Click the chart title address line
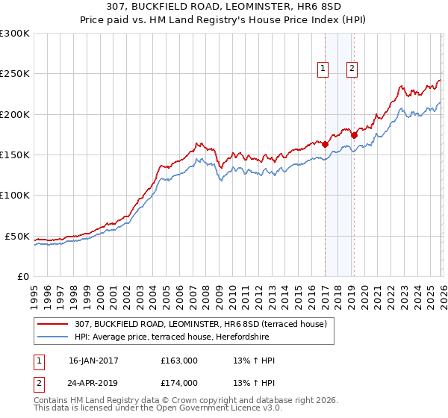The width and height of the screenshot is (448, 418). (224, 7)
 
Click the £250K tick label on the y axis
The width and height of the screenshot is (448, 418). (15, 74)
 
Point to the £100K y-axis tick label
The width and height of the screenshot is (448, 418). (15, 196)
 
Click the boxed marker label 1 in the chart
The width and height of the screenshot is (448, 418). (323, 69)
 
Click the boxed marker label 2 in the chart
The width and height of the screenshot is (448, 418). (352, 69)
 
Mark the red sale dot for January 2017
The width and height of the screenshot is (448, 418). (325, 144)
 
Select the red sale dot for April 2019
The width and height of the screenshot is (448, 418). (354, 135)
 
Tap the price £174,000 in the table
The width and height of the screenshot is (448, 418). (179, 383)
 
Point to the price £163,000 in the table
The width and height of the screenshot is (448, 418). (179, 361)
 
